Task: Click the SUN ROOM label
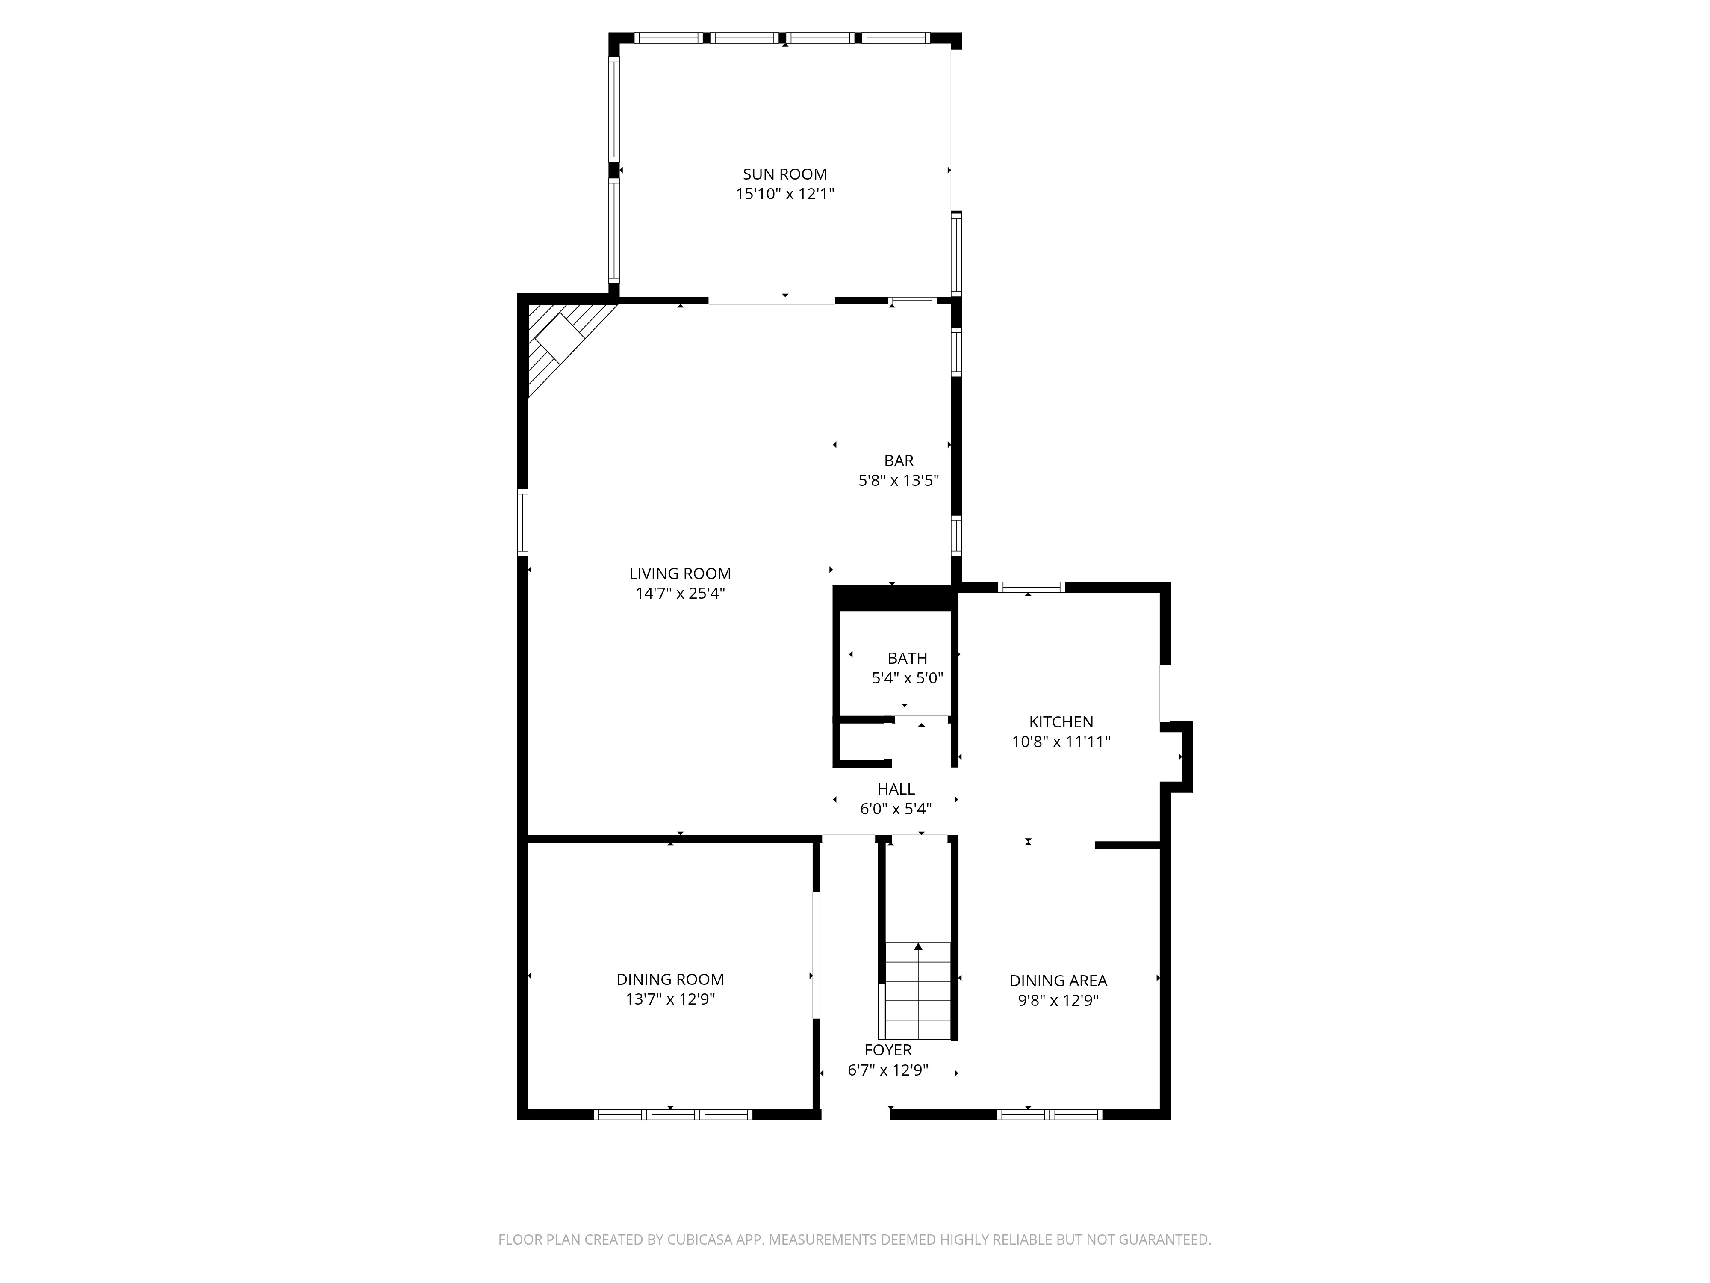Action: point(784,174)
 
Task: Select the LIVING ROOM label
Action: point(680,573)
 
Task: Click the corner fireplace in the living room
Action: point(560,341)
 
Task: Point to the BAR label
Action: point(898,460)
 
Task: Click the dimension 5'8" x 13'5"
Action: point(898,480)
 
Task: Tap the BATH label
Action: point(907,658)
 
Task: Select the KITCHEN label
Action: point(1061,721)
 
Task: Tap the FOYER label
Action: point(887,1049)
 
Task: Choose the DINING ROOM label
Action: point(669,979)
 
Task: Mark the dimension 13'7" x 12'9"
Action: point(669,999)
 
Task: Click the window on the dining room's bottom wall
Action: point(672,1114)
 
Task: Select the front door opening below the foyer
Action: point(855,1114)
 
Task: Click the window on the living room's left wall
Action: point(522,522)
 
